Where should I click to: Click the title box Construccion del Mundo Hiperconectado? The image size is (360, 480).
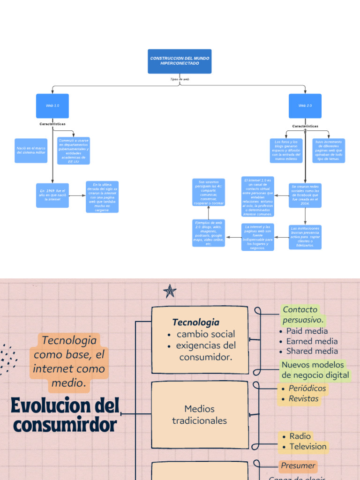point(180,61)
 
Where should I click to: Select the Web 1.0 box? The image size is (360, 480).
point(52,106)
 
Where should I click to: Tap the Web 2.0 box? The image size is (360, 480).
point(305,106)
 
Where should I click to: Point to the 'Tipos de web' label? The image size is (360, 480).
point(180,80)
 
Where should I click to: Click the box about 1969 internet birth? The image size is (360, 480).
point(52,195)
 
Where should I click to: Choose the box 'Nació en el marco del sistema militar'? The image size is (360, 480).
point(31,150)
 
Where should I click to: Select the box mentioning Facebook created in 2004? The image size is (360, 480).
point(305,195)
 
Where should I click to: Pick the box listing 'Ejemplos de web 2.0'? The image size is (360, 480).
point(209,233)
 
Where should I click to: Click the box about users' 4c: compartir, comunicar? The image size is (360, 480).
point(209,192)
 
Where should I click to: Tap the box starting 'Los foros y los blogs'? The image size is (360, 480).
point(286,150)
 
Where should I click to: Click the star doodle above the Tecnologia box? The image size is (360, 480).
point(170,292)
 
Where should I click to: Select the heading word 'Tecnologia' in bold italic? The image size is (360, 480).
point(196,322)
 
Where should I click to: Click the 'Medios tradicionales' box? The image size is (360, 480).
point(199,414)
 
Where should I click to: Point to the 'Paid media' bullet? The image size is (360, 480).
point(307,331)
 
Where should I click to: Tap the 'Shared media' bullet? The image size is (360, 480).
point(312,351)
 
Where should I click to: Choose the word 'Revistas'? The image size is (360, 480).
point(303,399)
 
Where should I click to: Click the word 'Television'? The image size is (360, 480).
point(307,446)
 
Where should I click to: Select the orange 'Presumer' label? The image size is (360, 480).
point(298,466)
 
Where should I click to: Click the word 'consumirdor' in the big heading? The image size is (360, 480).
point(65,425)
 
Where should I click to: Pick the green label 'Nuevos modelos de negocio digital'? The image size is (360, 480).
point(315,370)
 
